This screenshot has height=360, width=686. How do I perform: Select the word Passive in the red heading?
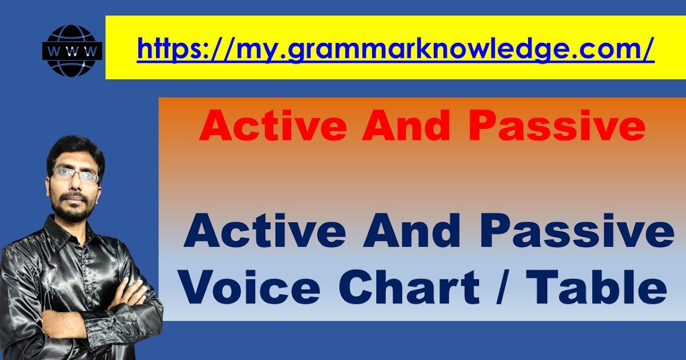coord(557,127)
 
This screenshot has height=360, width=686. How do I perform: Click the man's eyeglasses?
coord(75,174)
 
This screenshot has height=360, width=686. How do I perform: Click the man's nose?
coord(76,186)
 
